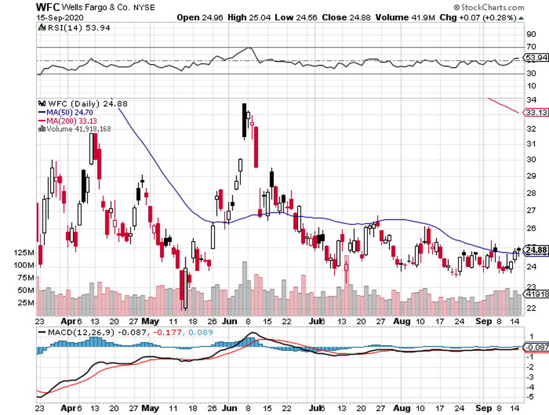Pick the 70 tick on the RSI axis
(530, 48)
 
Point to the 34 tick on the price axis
(529, 100)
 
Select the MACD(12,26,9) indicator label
(76, 332)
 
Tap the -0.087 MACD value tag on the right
(535, 348)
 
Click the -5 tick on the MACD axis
(529, 397)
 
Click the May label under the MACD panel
(151, 407)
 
